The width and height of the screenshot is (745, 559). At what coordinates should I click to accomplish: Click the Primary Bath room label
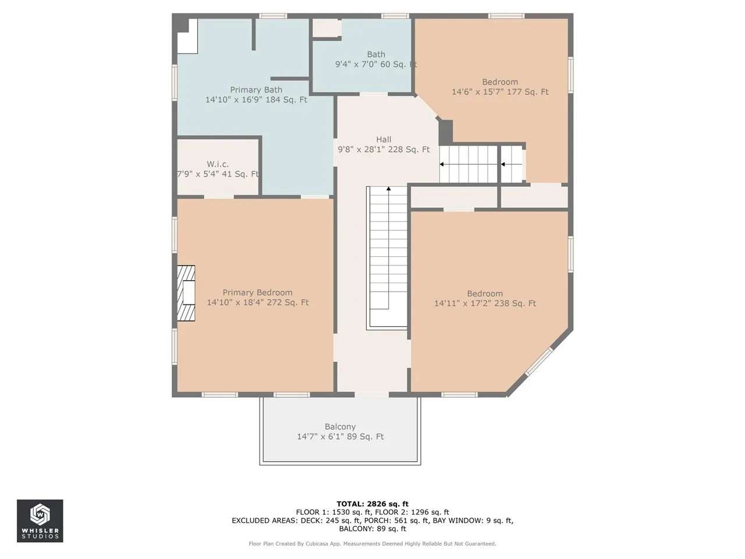coord(256,90)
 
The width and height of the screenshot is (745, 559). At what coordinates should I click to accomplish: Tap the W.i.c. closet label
coord(218,164)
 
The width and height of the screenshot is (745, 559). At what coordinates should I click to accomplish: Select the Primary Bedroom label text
coord(257,292)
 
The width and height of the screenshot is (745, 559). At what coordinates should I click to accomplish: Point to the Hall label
coord(384,140)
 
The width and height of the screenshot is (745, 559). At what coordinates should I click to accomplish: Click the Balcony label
coord(340,427)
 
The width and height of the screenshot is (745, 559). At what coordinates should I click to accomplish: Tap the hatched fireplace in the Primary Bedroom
coord(186,293)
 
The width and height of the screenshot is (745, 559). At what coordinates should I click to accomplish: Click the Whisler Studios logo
coord(40,521)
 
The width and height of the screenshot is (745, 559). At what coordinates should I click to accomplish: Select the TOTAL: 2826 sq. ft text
coord(372,504)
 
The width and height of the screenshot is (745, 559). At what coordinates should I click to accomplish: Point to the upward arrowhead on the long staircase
coord(388,188)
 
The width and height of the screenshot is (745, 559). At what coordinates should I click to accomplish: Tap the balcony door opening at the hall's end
coord(372,394)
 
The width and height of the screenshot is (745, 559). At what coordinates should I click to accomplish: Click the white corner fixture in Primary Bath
coord(187,36)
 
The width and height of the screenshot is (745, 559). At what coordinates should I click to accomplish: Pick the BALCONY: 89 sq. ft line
coord(372,529)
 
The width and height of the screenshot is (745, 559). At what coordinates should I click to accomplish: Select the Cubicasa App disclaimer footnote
coord(372,544)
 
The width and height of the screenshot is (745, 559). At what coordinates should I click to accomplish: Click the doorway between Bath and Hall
coord(373,94)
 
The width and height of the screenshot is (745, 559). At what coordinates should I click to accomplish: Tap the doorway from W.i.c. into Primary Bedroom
coord(219,197)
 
